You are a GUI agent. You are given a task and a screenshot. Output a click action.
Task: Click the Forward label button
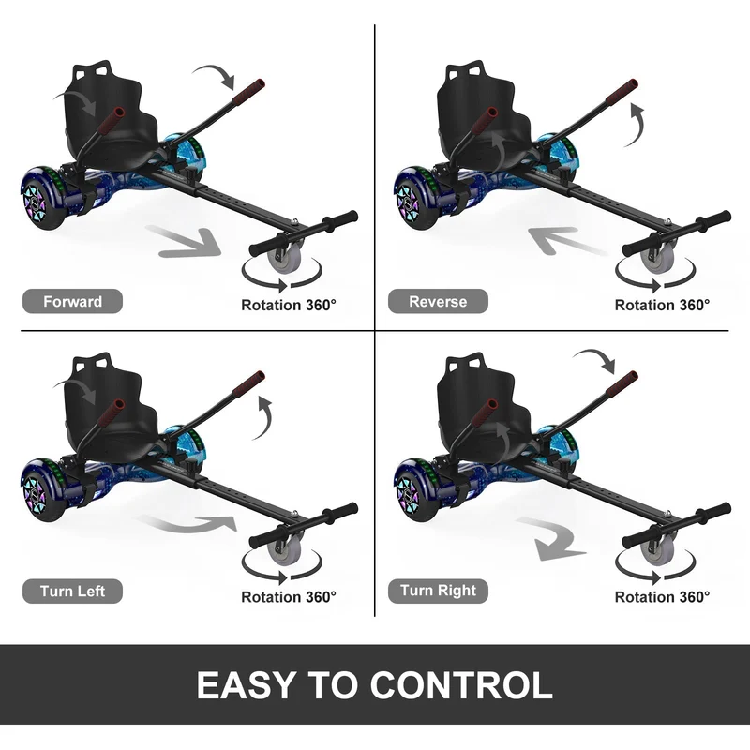[x=73, y=301]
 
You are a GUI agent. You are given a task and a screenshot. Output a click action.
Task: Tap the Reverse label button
[x=438, y=301]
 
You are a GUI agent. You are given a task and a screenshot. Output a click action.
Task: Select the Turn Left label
[x=73, y=592]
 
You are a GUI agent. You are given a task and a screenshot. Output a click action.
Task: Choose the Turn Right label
[x=438, y=591]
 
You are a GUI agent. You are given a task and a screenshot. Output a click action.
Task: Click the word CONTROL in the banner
[x=461, y=685]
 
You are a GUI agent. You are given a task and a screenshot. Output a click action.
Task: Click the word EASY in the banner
[x=246, y=685]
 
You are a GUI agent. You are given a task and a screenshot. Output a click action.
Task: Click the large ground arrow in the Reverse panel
[x=567, y=240]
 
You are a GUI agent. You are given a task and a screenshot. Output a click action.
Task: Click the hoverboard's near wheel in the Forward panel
[x=39, y=198]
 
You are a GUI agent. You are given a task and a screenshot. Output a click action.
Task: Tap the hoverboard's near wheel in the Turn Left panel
[x=39, y=490]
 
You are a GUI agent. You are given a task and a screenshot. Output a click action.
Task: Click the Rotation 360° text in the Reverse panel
[x=662, y=305]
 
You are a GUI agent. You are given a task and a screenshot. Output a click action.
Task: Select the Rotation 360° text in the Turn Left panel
[x=289, y=597]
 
